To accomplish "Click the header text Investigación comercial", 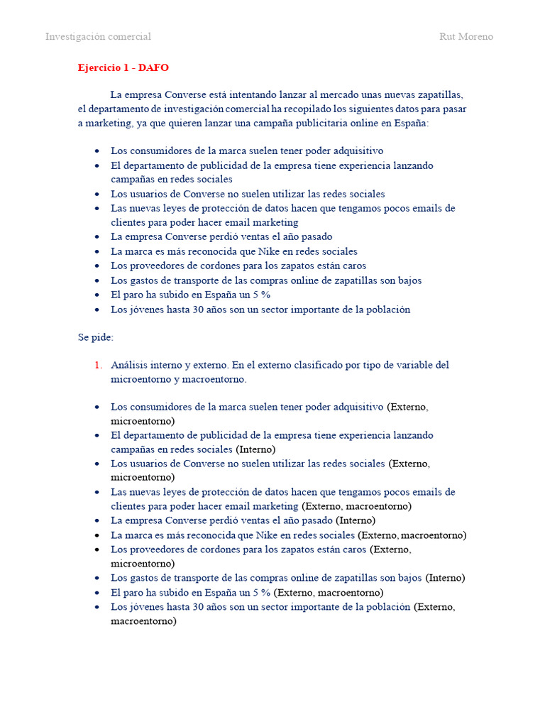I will pyautogui.click(x=98, y=37).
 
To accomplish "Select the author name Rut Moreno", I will pyautogui.click(x=466, y=37).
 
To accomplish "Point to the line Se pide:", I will pyautogui.click(x=96, y=337).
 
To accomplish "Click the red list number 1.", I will pyautogui.click(x=99, y=365).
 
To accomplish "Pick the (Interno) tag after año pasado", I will pyautogui.click(x=356, y=520).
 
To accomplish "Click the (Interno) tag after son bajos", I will pyautogui.click(x=445, y=578).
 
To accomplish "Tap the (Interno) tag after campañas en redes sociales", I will pyautogui.click(x=255, y=449).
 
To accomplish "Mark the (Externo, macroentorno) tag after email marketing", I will pyautogui.click(x=356, y=506).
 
